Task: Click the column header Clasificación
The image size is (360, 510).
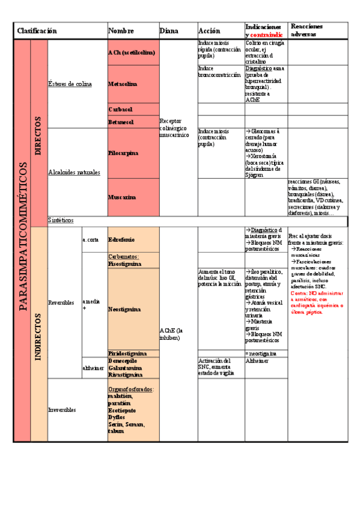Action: pyautogui.click(x=37, y=31)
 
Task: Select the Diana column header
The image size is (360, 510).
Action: pyautogui.click(x=169, y=31)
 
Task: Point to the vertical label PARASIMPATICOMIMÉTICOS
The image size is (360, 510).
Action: pyautogui.click(x=23, y=236)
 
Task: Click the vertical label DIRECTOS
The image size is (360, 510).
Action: pyautogui.click(x=38, y=135)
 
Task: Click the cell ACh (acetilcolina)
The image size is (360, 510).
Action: pyautogui.click(x=132, y=53)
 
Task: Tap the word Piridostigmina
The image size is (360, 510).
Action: pyautogui.click(x=127, y=352)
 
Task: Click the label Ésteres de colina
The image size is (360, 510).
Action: pyautogui.click(x=70, y=84)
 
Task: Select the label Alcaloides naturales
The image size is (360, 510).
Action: pyautogui.click(x=74, y=172)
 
